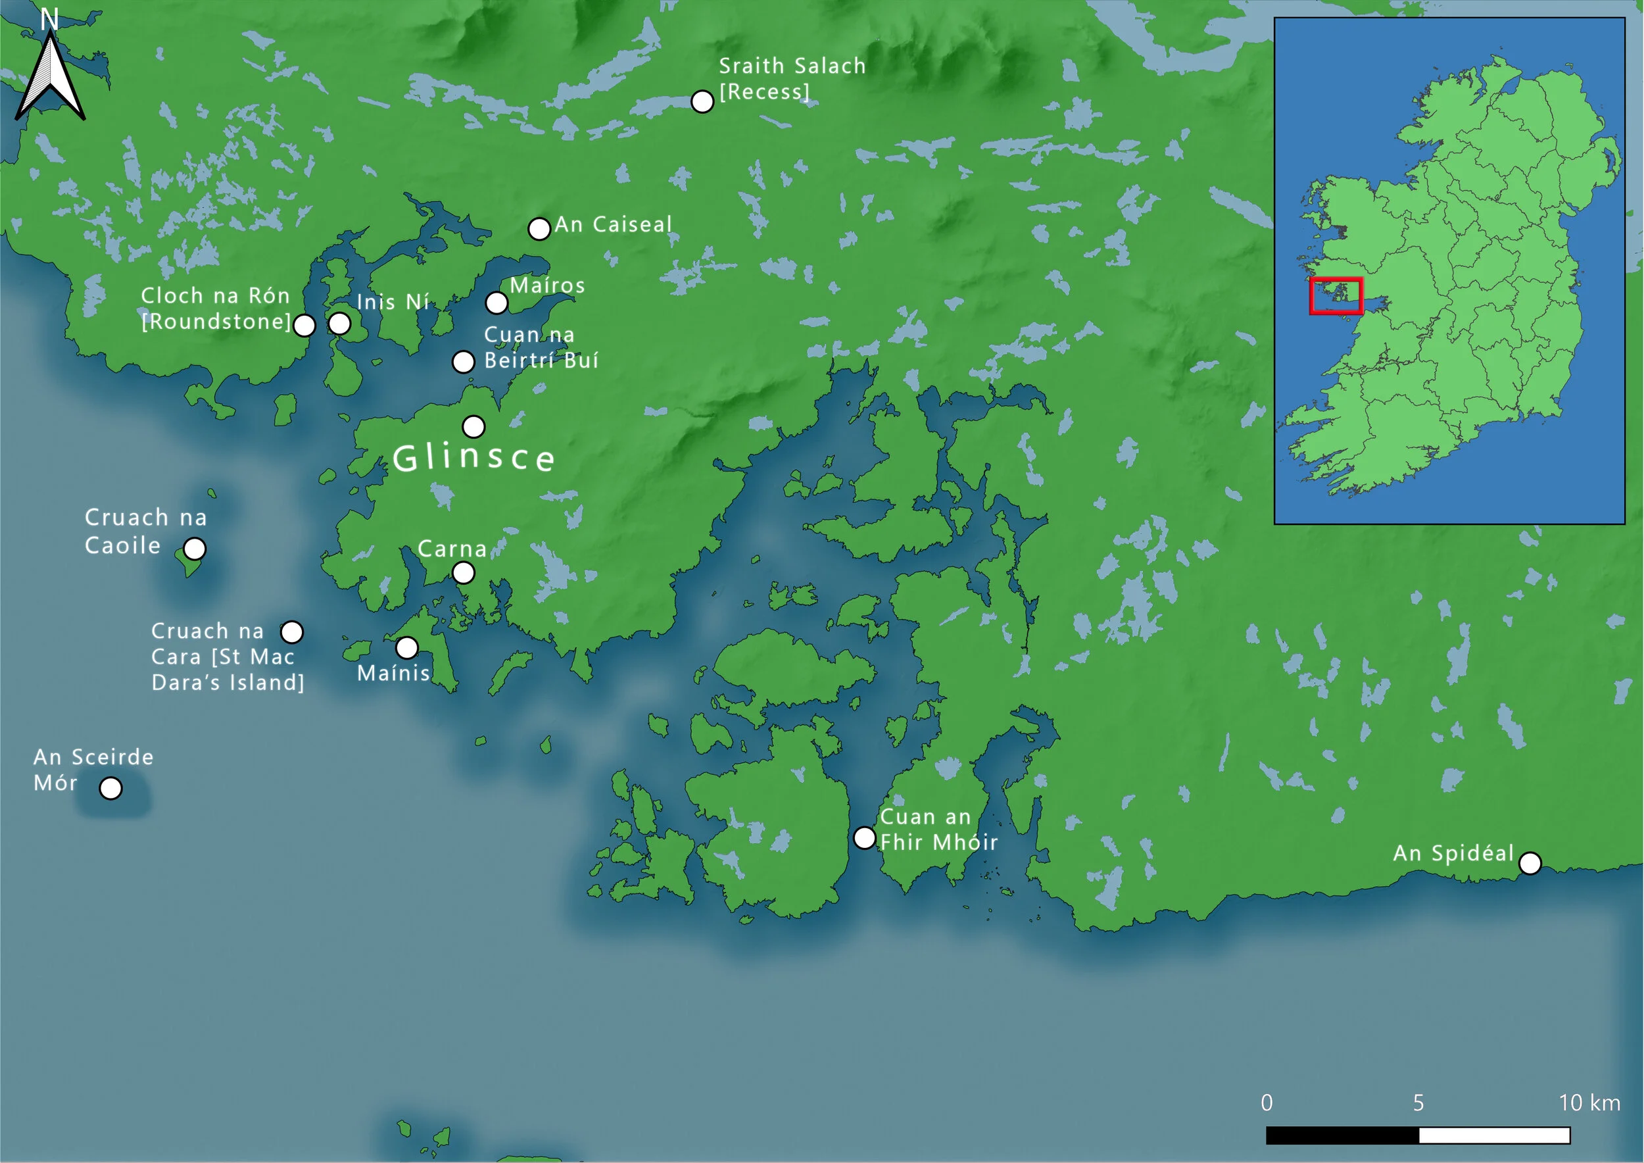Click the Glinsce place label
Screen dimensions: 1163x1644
click(473, 458)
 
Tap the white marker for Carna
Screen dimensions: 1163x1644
click(463, 573)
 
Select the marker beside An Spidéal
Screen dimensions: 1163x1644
click(1530, 863)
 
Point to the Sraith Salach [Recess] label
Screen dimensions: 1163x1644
click(792, 79)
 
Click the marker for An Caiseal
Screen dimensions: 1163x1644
click(539, 228)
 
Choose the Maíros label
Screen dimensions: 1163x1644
click(547, 285)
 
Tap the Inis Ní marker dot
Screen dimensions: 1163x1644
click(339, 324)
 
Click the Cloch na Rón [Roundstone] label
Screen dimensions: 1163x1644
click(216, 309)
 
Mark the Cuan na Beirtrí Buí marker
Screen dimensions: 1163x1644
click(463, 362)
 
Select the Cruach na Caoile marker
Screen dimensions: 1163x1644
click(195, 549)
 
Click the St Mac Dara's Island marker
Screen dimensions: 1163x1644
click(291, 632)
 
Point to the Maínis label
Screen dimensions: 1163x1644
click(393, 673)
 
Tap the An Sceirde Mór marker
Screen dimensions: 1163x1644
click(110, 788)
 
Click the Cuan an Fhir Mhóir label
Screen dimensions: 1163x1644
click(938, 829)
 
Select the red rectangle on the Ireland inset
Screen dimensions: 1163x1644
click(1336, 296)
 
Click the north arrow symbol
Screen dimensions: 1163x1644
click(50, 79)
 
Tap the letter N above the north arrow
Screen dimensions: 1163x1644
click(49, 19)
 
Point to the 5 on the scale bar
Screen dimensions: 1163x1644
click(1418, 1103)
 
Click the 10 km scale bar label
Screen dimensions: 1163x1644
click(1589, 1103)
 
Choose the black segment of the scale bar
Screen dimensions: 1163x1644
click(1343, 1135)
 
